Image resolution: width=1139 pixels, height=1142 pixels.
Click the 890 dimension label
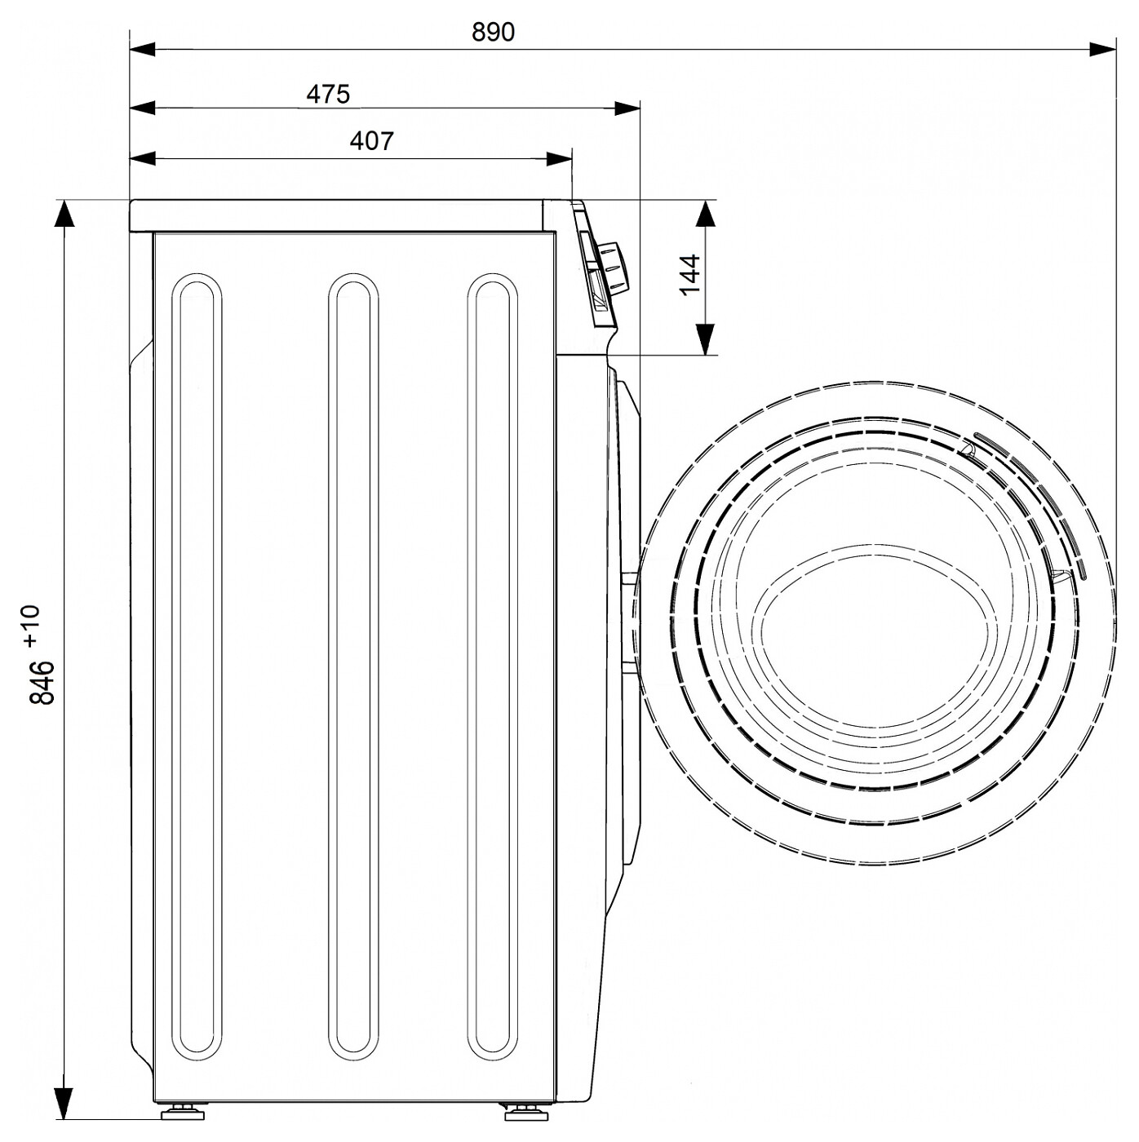coord(493,32)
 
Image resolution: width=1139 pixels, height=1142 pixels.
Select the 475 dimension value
coord(328,95)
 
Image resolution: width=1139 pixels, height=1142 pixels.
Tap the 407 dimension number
coord(372,141)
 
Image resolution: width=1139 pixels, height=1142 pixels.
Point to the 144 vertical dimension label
coord(689,275)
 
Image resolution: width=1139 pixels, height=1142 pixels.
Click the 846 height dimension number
coord(42,682)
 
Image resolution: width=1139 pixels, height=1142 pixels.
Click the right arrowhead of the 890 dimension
coord(1103,50)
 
